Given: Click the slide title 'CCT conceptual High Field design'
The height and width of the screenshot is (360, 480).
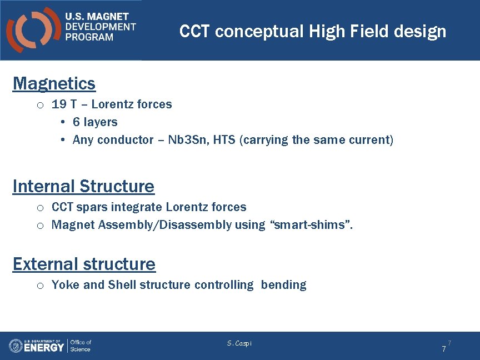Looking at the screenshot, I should point(313,31).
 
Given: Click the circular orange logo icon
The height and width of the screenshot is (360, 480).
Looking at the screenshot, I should point(32,30).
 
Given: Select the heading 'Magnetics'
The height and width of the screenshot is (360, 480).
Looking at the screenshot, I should point(54,83).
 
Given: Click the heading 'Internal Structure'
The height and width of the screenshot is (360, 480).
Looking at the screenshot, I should point(83,186).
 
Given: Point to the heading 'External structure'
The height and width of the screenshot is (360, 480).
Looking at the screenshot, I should point(84,264).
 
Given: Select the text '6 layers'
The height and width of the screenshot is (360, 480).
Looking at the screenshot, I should point(95,122).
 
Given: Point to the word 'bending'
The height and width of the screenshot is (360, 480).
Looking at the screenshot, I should point(283,285).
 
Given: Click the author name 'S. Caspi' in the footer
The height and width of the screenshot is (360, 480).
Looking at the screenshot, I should point(239,343).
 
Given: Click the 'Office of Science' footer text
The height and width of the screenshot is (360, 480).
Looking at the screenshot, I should point(81,346).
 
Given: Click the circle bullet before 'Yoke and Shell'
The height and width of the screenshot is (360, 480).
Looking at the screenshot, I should point(40,286).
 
